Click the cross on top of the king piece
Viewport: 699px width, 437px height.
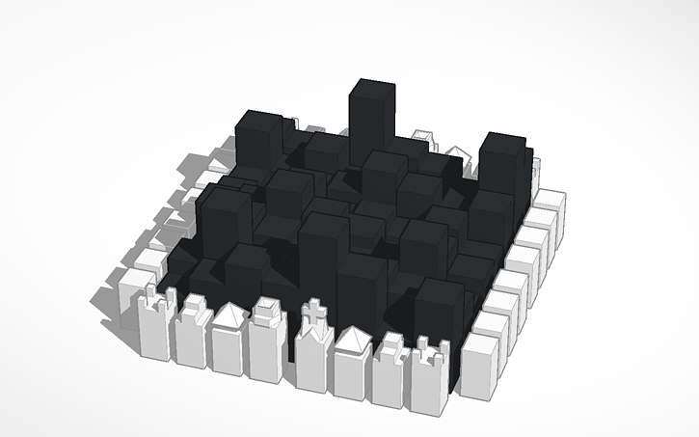coord(313,312)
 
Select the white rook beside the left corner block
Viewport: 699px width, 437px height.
coord(154,328)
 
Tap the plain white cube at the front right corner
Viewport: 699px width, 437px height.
coord(482,365)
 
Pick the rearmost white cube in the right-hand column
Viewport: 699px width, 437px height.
coord(550,201)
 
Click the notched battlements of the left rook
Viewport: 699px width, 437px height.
coord(154,303)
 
